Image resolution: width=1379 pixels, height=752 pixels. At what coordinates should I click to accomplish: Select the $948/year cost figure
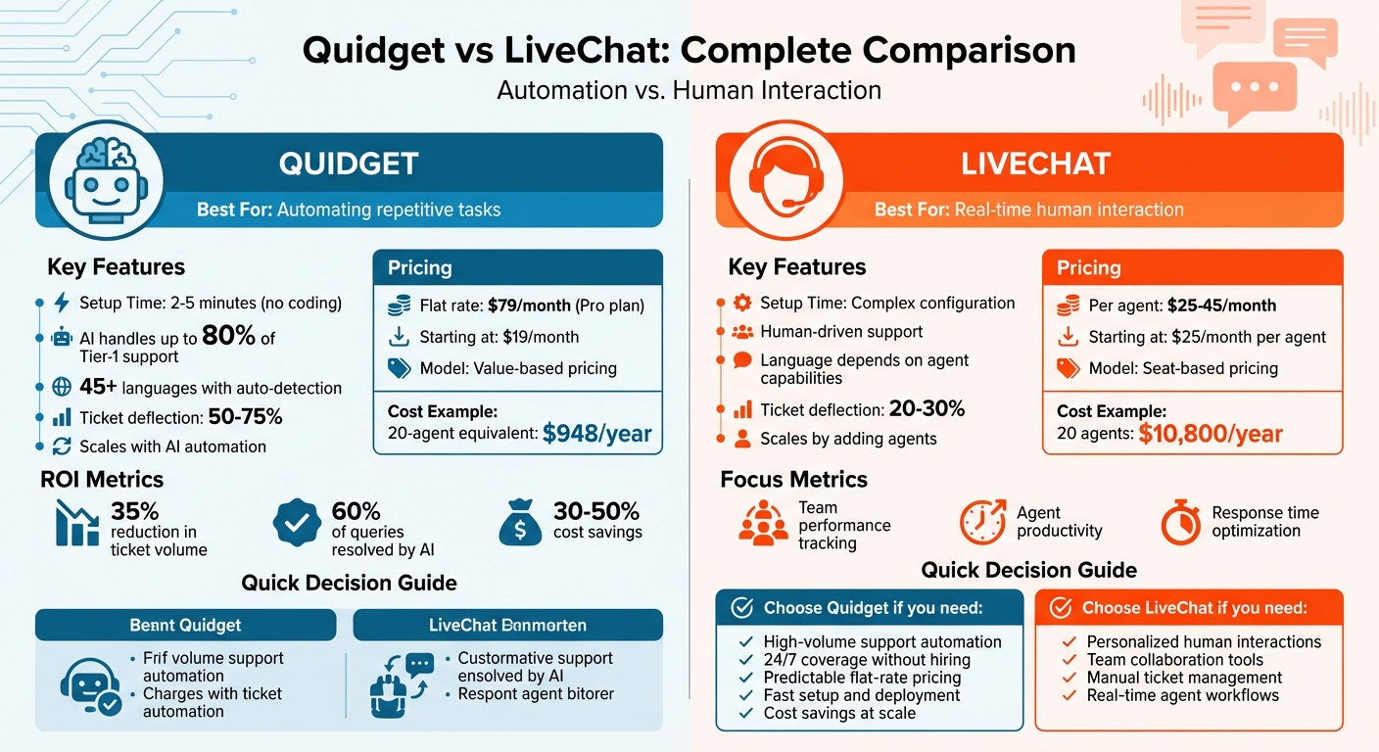(x=597, y=433)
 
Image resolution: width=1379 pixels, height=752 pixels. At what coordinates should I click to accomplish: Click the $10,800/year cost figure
(x=1211, y=433)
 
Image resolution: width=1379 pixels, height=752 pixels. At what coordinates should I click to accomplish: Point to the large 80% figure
(x=230, y=337)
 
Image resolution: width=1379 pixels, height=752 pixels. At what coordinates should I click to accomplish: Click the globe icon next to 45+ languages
(x=62, y=388)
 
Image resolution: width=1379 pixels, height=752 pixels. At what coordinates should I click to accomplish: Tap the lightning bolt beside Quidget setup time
(x=62, y=303)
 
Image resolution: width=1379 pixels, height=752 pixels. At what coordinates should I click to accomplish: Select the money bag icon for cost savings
(x=520, y=524)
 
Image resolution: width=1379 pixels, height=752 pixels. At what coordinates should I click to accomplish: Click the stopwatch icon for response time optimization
(x=1180, y=523)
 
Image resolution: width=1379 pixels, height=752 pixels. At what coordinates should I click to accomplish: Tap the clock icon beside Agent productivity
(x=982, y=523)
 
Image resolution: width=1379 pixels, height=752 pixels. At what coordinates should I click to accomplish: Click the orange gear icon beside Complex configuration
(x=741, y=303)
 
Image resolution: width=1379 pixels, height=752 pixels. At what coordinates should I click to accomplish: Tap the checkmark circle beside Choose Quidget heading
(x=742, y=609)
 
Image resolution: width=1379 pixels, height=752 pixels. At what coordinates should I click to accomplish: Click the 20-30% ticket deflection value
(x=927, y=409)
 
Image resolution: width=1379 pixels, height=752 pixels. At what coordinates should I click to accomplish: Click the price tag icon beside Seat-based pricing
(x=1067, y=368)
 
